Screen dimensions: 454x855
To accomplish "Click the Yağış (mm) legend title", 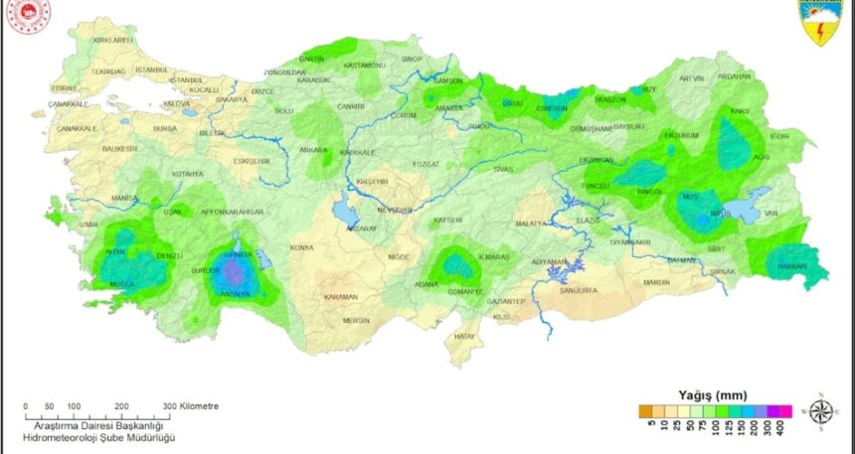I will [712, 394].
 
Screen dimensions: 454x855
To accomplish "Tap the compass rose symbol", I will [821, 410].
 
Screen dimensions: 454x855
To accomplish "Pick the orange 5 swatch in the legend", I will [645, 408].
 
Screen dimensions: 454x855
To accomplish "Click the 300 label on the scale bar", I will [169, 406].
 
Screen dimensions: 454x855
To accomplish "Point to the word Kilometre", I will [200, 406].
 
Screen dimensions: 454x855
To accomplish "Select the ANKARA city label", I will [313, 150].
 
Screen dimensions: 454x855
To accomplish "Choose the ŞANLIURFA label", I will [579, 291].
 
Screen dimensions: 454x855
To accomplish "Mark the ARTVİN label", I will [691, 77].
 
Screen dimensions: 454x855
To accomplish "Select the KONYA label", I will [300, 246].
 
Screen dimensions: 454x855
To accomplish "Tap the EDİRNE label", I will [64, 86].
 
